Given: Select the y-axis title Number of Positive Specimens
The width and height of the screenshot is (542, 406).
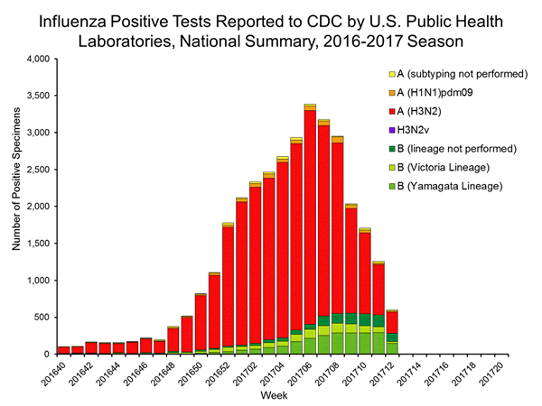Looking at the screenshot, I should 15,206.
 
